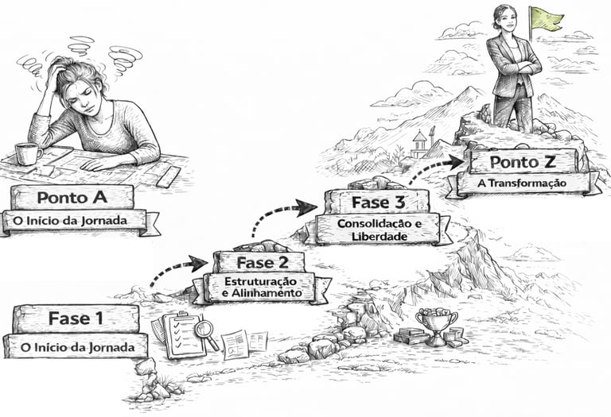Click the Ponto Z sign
[522, 162]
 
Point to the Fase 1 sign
[76, 319]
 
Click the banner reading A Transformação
[522, 183]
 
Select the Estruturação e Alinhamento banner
[262, 288]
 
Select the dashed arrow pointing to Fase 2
[179, 268]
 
